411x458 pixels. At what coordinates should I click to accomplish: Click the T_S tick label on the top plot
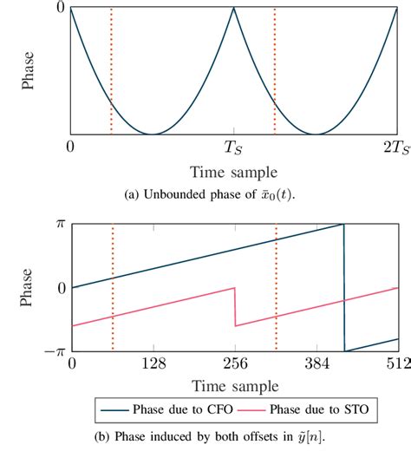pyautogui.click(x=234, y=149)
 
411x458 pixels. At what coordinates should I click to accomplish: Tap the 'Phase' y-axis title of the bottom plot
pyautogui.click(x=27, y=286)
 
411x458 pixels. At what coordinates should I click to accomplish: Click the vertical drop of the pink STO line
pyautogui.click(x=235, y=307)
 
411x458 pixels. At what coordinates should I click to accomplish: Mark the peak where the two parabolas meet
pyautogui.click(x=234, y=9)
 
